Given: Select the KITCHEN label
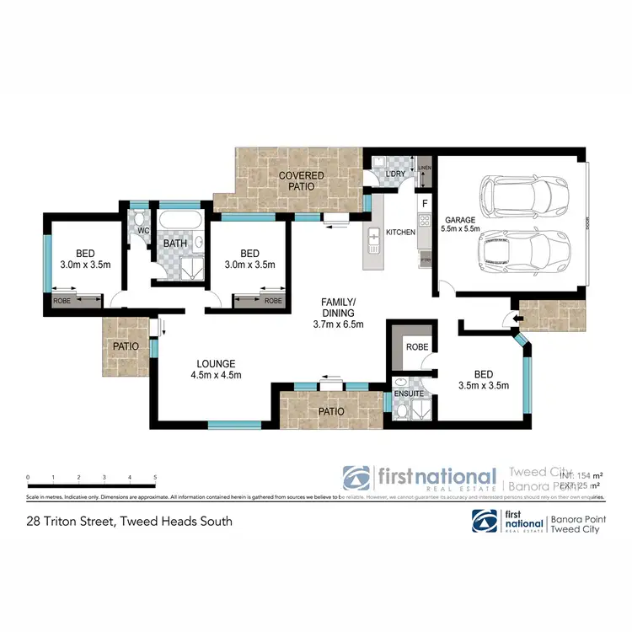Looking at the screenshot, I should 400,232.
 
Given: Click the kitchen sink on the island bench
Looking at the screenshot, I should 372,245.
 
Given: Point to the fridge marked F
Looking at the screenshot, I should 425,203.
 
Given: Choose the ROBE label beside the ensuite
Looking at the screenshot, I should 416,346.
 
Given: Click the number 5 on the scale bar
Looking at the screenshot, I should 155,478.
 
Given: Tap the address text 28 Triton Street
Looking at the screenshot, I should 129,521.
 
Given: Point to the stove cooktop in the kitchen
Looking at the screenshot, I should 425,223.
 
